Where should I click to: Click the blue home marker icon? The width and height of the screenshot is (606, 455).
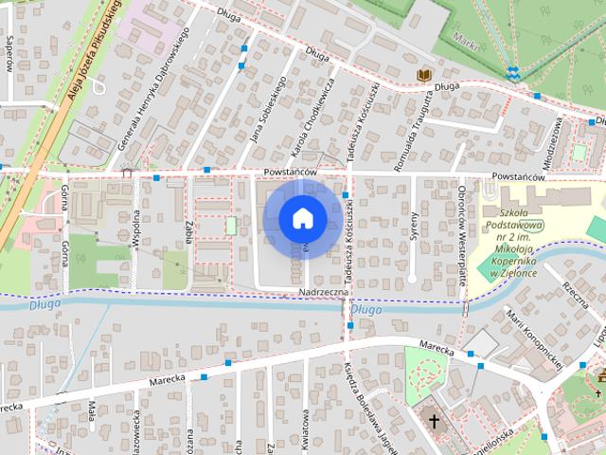click(x=301, y=218)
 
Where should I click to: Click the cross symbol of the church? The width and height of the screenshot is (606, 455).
click(x=435, y=420)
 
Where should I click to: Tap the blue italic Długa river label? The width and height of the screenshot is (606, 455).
click(x=365, y=309)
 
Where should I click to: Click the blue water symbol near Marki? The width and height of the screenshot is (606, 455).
click(x=512, y=72)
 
